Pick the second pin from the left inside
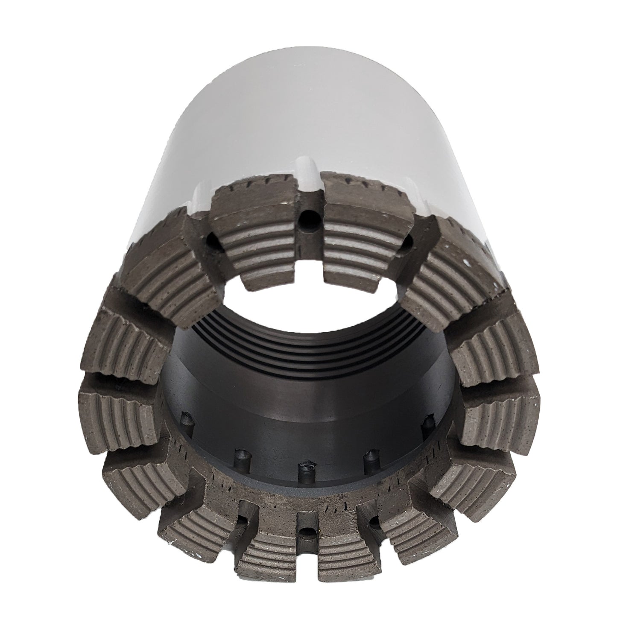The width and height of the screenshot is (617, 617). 240,454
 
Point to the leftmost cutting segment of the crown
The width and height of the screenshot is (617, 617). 115,406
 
